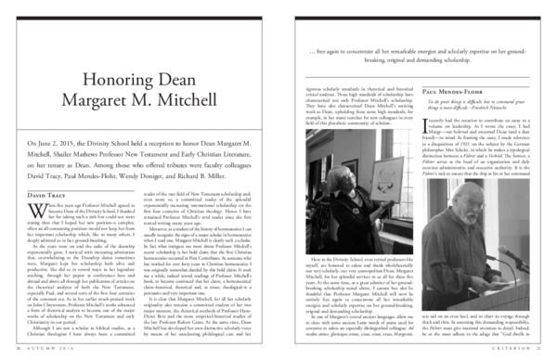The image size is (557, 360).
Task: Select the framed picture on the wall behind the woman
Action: coord(349,168)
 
